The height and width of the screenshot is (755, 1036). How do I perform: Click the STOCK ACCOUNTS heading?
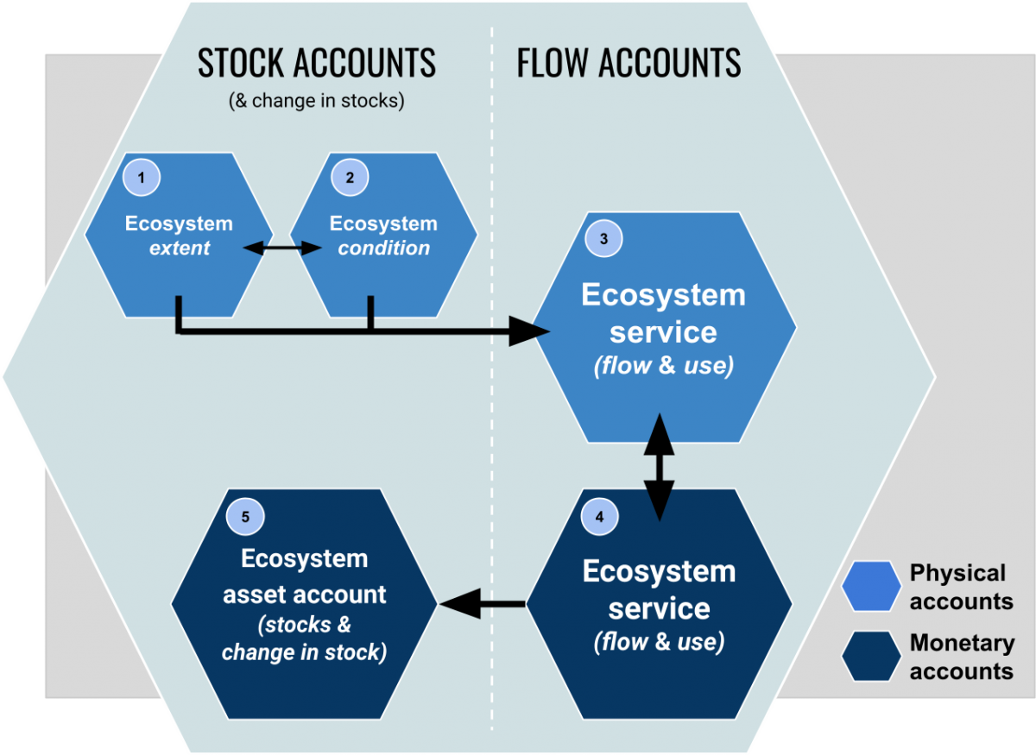coord(316,64)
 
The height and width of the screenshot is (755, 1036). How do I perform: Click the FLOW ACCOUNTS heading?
coord(629,64)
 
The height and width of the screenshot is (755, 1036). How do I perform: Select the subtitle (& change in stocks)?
coord(316,101)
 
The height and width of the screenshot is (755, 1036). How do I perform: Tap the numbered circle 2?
coord(350,178)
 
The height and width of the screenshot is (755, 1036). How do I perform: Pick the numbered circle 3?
coord(603,238)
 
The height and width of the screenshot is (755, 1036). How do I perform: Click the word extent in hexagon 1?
coord(180,249)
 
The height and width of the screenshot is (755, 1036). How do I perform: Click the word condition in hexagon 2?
coord(383,249)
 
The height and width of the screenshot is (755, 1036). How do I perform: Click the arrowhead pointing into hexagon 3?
coord(528,330)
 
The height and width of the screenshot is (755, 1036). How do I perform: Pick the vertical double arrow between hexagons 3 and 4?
coord(660,467)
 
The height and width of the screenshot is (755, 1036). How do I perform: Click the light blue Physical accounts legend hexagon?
coord(870,587)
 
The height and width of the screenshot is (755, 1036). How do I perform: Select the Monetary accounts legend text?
coord(961,657)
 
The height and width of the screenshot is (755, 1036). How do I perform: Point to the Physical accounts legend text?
coord(961,587)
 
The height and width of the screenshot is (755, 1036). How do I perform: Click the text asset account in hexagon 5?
coord(304,595)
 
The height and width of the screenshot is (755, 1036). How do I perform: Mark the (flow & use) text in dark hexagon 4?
coord(659,643)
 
